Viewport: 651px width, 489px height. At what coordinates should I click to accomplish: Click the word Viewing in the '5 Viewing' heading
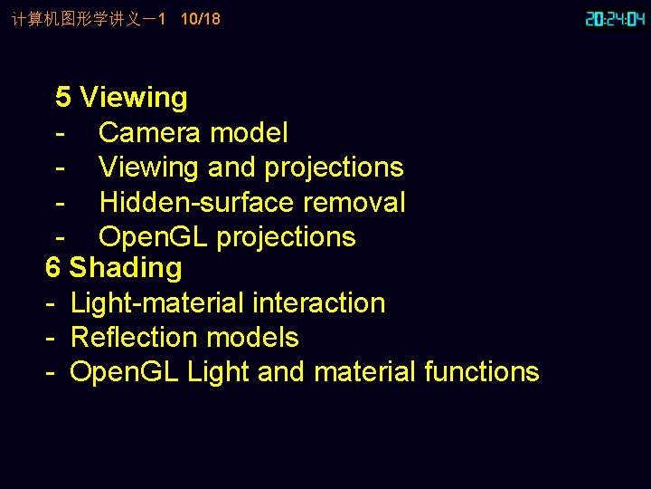(x=134, y=98)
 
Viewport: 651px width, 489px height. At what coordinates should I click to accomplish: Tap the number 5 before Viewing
(x=63, y=98)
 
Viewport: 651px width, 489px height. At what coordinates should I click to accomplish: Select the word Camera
(x=150, y=133)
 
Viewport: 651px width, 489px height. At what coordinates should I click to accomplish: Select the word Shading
(x=126, y=268)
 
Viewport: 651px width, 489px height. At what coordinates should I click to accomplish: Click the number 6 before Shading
(x=53, y=268)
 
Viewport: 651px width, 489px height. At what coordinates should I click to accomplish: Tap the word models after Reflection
(x=256, y=337)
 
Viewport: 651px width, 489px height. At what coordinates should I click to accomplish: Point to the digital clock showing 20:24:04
(x=616, y=18)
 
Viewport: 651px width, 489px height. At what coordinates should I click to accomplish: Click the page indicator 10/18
(x=201, y=19)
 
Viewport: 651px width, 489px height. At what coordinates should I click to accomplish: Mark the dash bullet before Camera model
(x=60, y=133)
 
